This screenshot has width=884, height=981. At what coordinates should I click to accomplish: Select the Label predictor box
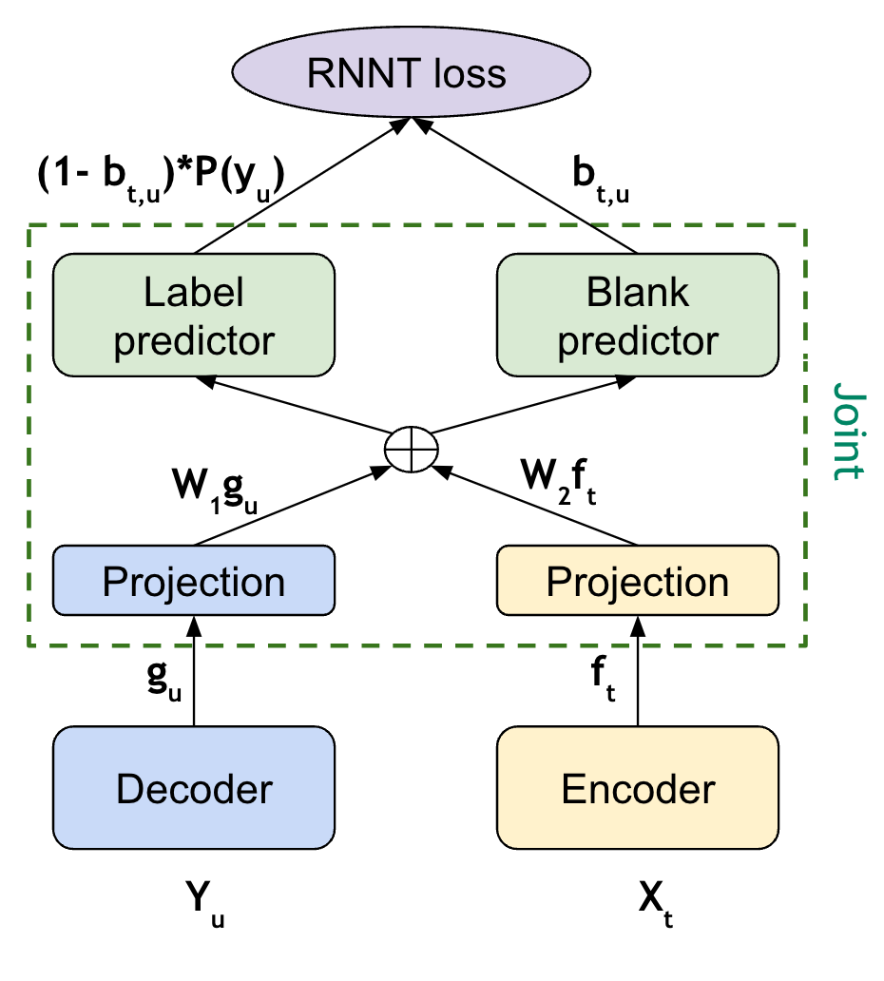click(194, 316)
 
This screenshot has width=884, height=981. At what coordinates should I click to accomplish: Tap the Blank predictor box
click(637, 316)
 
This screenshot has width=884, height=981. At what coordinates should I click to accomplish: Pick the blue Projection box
click(194, 581)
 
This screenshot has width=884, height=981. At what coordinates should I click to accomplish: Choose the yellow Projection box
click(637, 581)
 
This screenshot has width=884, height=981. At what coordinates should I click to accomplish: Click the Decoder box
click(194, 788)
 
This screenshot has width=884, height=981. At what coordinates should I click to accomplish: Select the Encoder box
click(637, 788)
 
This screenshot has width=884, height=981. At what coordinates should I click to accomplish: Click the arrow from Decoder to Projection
click(194, 670)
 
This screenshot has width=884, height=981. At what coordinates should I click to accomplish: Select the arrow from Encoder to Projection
click(637, 670)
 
